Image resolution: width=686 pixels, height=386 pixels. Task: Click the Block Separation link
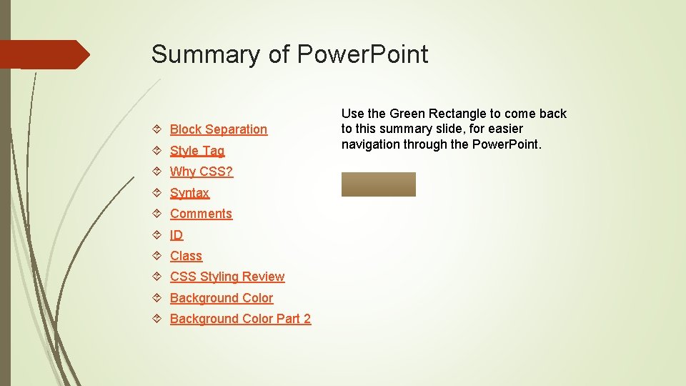coord(218,129)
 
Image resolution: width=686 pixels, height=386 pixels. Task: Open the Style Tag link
coord(197,151)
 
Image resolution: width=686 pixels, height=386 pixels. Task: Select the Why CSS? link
coord(202,172)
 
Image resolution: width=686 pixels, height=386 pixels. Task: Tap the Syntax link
coord(189,193)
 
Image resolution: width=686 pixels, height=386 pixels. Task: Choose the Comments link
coord(201,214)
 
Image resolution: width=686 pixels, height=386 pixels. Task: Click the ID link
coord(177,235)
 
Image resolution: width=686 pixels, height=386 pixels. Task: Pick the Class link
coord(186,256)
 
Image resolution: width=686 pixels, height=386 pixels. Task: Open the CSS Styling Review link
coord(227,277)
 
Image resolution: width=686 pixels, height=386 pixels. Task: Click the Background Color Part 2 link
coord(240,319)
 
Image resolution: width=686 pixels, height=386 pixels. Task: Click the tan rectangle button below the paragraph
coord(378,184)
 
